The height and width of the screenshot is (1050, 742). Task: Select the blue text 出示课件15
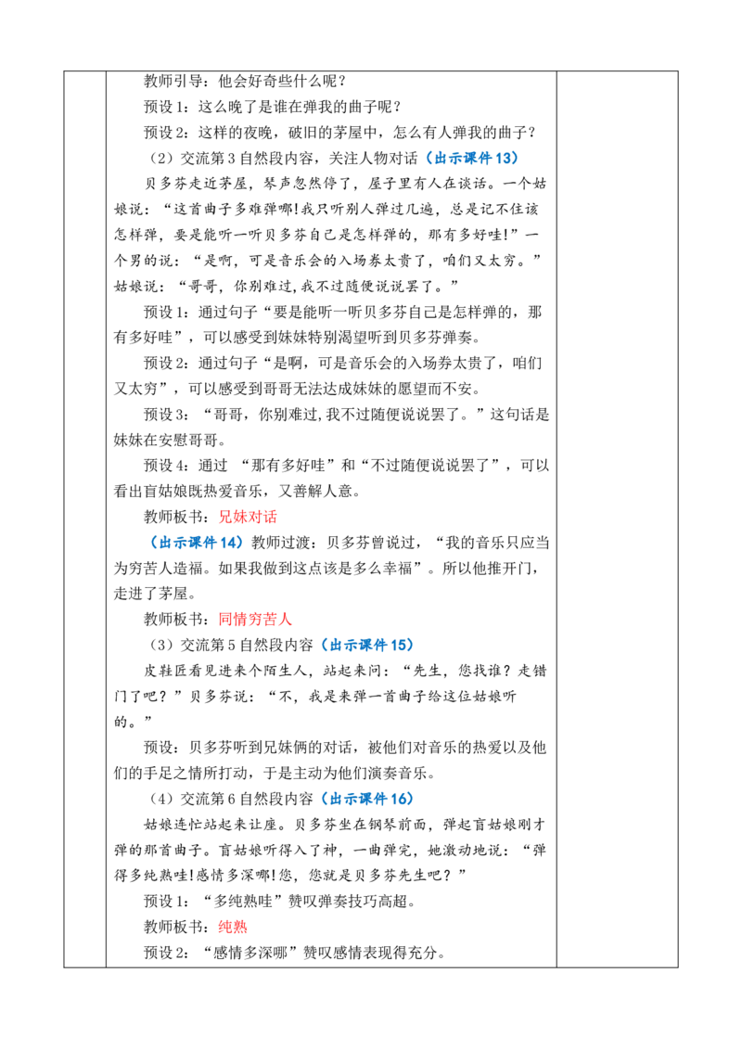click(x=367, y=645)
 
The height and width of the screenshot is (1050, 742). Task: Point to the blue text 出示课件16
click(x=367, y=799)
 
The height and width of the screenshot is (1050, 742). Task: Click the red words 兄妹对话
click(x=248, y=517)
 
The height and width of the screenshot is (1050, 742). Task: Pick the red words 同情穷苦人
click(x=255, y=619)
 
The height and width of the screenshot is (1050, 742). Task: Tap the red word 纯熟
click(x=233, y=926)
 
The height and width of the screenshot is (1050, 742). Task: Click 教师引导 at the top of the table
click(x=173, y=81)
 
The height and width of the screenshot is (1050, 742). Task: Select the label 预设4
click(x=165, y=466)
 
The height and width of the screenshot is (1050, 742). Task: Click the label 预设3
click(x=165, y=414)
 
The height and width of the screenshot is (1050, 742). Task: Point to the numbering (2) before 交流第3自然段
click(x=161, y=158)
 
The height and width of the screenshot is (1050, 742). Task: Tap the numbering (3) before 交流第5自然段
click(x=161, y=645)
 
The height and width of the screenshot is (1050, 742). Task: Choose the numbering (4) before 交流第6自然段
click(x=161, y=799)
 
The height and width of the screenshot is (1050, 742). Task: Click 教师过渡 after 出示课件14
click(x=280, y=542)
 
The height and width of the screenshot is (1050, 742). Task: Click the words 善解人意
click(x=323, y=491)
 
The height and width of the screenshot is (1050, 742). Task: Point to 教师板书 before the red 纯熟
click(x=173, y=926)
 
